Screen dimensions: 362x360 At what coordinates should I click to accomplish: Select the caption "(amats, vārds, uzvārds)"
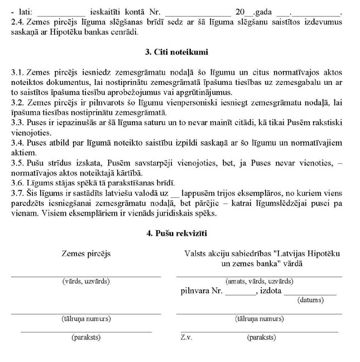point(258,282)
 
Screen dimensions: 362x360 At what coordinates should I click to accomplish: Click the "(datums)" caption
point(311,300)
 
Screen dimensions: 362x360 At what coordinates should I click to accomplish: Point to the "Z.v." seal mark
point(186,337)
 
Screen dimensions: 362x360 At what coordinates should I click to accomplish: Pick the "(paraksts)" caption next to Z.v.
point(261,337)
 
